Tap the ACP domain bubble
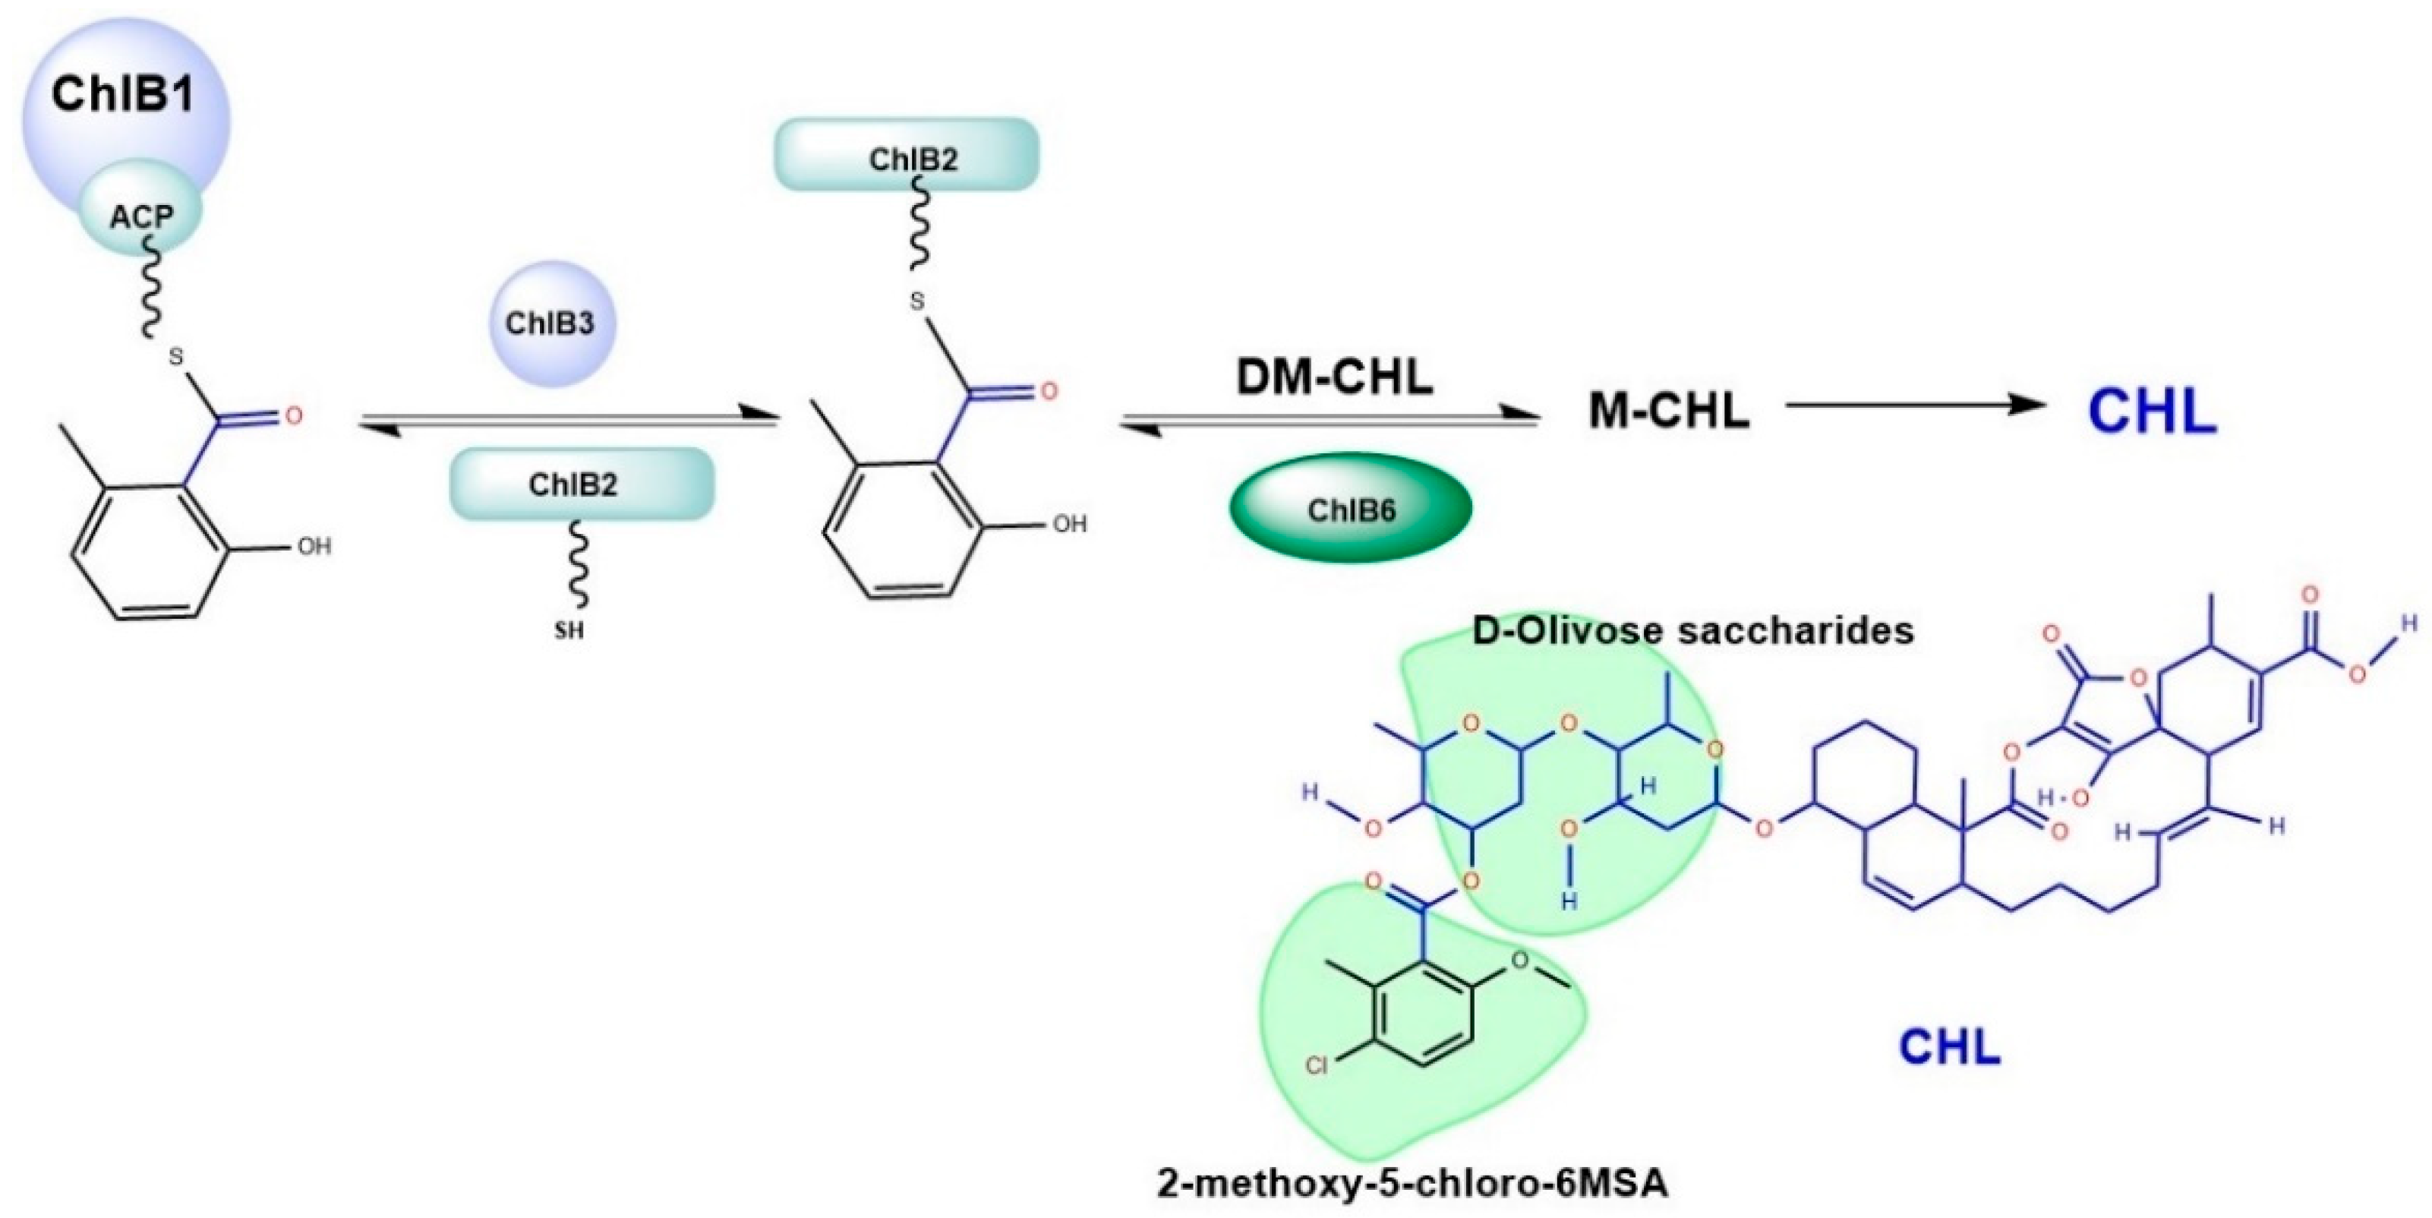point(142,218)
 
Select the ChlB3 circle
point(550,323)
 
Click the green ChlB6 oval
point(1350,510)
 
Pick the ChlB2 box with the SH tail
point(581,484)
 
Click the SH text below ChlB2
point(569,630)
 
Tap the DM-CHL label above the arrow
point(1334,377)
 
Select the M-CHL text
point(1668,412)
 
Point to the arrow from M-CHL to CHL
point(1916,405)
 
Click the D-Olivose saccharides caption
point(1692,630)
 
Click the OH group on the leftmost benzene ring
point(314,547)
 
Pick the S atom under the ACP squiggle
point(175,357)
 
